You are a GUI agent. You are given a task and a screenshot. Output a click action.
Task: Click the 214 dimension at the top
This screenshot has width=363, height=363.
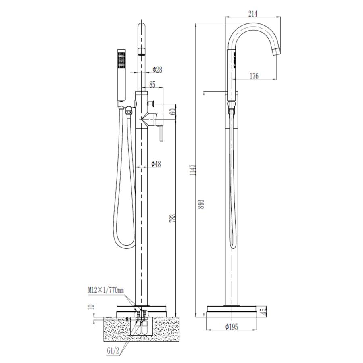(x=253, y=14)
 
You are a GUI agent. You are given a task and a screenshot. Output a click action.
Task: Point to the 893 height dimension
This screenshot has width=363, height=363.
(x=202, y=204)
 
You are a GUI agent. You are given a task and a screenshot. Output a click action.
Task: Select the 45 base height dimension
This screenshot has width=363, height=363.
(x=264, y=311)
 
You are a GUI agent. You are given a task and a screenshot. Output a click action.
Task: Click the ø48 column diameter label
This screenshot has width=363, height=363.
(x=156, y=163)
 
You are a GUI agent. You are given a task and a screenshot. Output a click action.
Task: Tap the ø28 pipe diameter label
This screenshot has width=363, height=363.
(x=157, y=70)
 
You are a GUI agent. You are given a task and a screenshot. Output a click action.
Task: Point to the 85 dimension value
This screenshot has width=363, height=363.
(x=152, y=84)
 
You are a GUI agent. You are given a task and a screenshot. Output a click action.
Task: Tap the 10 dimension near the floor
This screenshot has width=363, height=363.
(x=91, y=309)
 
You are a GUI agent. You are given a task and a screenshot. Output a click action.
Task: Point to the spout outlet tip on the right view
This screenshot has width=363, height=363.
(x=277, y=52)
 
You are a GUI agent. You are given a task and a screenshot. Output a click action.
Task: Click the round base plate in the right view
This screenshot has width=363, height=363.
(x=232, y=311)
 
